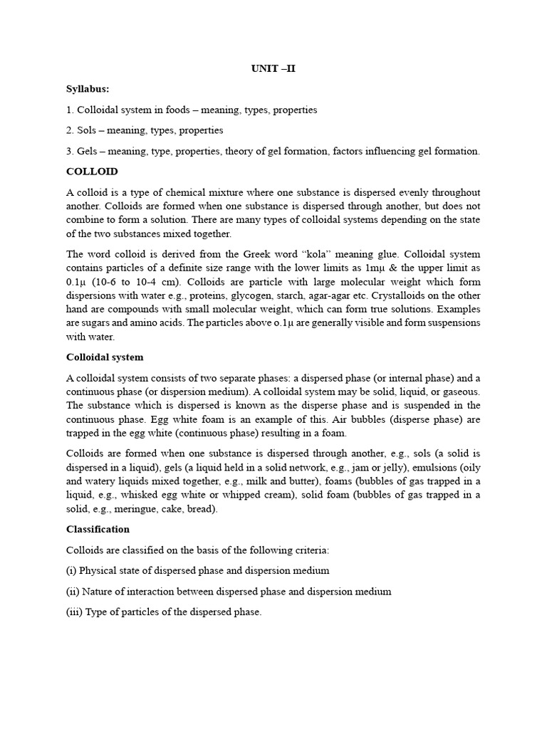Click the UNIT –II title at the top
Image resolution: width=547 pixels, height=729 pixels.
[x=273, y=69]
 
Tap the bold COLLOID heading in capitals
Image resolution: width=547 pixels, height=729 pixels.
[x=92, y=172]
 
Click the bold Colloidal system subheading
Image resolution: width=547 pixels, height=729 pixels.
[x=105, y=357]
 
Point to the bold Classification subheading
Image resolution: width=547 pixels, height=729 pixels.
[x=98, y=529]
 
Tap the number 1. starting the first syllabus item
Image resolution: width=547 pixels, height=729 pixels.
[x=70, y=110]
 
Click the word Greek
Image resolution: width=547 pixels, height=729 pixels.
[x=259, y=254]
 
